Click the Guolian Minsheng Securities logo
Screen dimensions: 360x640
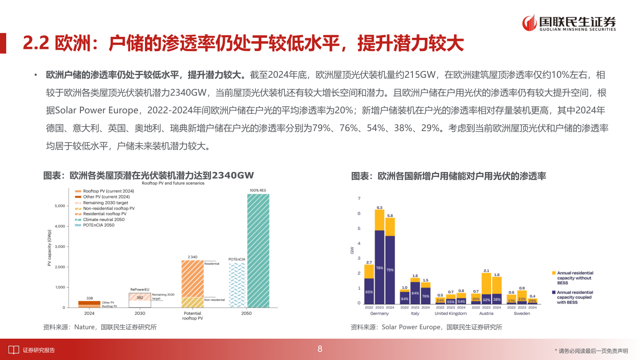tap(569, 23)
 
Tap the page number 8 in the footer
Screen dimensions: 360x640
tap(320, 349)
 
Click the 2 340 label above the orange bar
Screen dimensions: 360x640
tap(192, 257)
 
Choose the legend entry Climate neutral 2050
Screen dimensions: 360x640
tap(104, 220)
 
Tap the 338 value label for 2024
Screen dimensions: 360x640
tap(89, 298)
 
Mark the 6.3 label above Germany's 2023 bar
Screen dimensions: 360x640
tap(380, 207)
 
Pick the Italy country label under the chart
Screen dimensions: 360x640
tap(415, 313)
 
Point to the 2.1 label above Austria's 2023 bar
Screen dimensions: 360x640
tap(486, 270)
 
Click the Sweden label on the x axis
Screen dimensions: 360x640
tap(522, 313)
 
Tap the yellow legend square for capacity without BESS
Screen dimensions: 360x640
tap(553, 273)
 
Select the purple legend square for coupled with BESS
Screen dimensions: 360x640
tap(553, 292)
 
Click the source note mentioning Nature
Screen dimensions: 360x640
tap(100, 327)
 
